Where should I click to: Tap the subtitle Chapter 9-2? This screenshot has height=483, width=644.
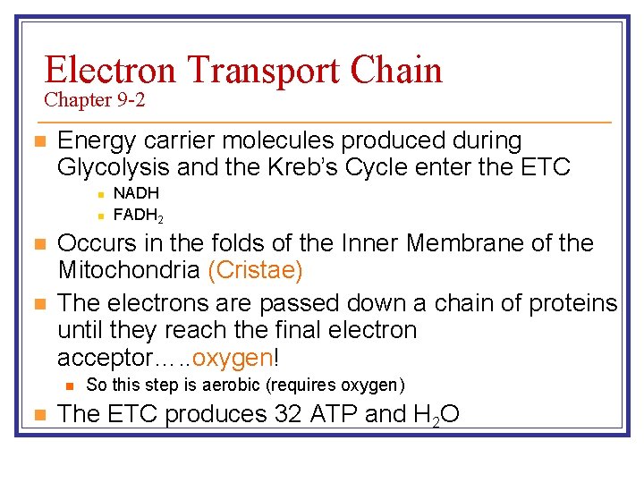pos(95,100)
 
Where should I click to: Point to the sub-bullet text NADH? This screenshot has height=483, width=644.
pos(136,193)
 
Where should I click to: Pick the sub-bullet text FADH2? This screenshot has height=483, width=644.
pos(139,216)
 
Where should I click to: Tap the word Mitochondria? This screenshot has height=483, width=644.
pos(129,269)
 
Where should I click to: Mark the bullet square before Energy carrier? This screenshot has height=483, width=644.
pos(37,141)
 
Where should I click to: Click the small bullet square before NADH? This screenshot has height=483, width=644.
pos(101,193)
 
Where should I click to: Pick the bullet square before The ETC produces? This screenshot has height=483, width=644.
pos(37,415)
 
